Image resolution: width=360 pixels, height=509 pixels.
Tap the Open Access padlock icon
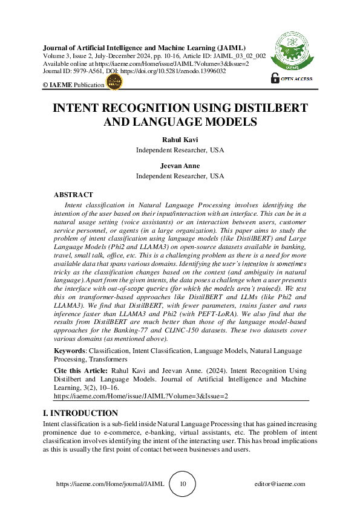pyautogui.click(x=276, y=78)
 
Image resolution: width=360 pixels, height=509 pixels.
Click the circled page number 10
pyautogui.click(x=183, y=484)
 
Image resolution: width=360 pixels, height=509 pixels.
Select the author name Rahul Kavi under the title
pyautogui.click(x=180, y=140)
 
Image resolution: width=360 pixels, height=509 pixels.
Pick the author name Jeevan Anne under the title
pyautogui.click(x=180, y=166)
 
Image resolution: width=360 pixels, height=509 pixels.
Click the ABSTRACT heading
pyautogui.click(x=73, y=195)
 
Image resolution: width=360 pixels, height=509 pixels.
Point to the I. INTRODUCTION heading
pyautogui.click(x=80, y=413)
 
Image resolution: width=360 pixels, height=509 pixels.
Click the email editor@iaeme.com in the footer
pyautogui.click(x=280, y=484)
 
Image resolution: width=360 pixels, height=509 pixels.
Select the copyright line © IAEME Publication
pyautogui.click(x=73, y=85)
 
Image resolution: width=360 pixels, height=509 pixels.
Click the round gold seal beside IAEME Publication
pyautogui.click(x=113, y=84)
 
